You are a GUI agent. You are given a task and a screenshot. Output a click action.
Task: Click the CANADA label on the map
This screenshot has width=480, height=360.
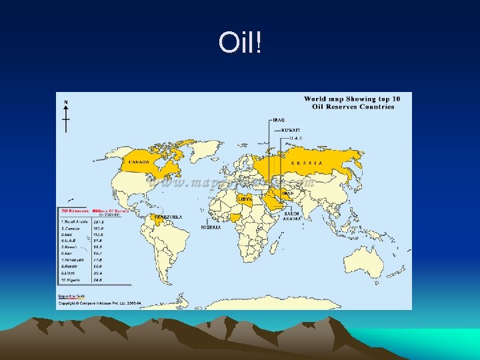point(139,162)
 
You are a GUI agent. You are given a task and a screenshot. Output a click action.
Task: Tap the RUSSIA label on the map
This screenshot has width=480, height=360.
point(307,163)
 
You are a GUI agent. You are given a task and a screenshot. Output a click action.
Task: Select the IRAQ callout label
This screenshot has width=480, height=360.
point(279,120)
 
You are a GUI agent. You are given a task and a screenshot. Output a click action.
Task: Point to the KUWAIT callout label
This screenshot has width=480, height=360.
point(290,129)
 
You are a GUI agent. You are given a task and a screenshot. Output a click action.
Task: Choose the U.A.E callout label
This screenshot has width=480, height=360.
point(296,138)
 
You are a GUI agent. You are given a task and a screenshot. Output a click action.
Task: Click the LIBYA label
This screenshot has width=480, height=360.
point(245,199)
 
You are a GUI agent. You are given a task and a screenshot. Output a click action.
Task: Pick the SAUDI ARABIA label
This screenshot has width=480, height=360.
point(292,215)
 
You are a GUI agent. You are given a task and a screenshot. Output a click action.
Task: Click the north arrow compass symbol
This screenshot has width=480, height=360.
point(65,117)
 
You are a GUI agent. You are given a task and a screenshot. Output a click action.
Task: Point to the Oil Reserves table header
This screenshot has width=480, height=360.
point(74,210)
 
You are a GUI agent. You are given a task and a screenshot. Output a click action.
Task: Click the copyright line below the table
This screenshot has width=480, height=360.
point(100,303)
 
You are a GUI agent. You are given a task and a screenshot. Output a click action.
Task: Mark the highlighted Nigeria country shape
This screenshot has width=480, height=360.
point(235,216)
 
